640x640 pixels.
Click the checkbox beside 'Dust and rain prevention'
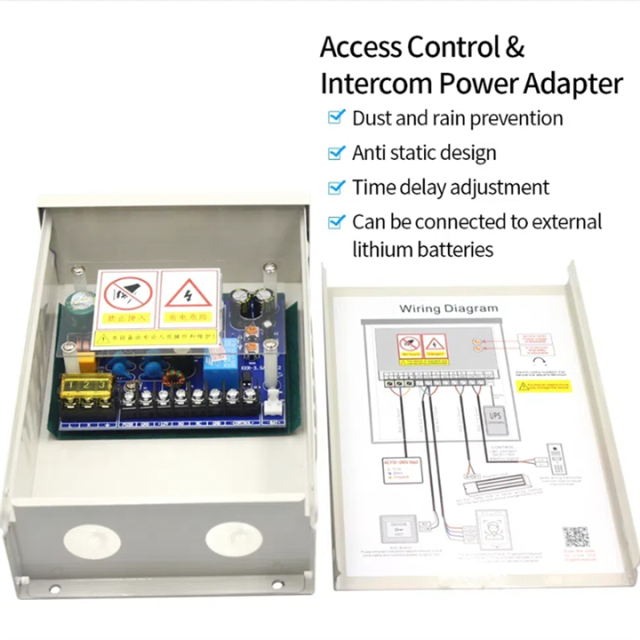point(336,117)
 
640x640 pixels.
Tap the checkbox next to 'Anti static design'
point(336,153)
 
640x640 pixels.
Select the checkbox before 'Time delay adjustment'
point(336,188)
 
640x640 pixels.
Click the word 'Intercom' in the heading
point(367,84)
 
